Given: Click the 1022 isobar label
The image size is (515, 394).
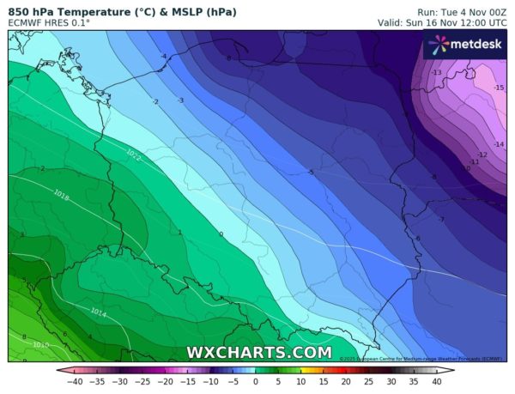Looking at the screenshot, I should [133, 155].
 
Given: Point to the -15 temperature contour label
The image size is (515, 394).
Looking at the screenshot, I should [499, 88].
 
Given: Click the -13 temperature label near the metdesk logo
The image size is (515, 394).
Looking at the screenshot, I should [437, 73].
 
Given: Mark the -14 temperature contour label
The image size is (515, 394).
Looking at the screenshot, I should [499, 144].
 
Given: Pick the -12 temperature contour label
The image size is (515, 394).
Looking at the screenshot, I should [482, 155].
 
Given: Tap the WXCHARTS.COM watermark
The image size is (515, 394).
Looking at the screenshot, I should [259, 352].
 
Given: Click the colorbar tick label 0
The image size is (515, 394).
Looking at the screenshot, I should [256, 381].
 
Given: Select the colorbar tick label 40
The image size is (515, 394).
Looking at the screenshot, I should [435, 381].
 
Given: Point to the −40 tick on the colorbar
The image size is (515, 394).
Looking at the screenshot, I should [76, 381].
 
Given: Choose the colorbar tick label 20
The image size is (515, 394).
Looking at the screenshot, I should [346, 381].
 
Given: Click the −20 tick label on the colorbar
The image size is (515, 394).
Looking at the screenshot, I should [166, 381].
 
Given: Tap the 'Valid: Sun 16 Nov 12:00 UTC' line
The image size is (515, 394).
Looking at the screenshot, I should [437, 22].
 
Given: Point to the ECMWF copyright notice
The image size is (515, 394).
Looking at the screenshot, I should [421, 358].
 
